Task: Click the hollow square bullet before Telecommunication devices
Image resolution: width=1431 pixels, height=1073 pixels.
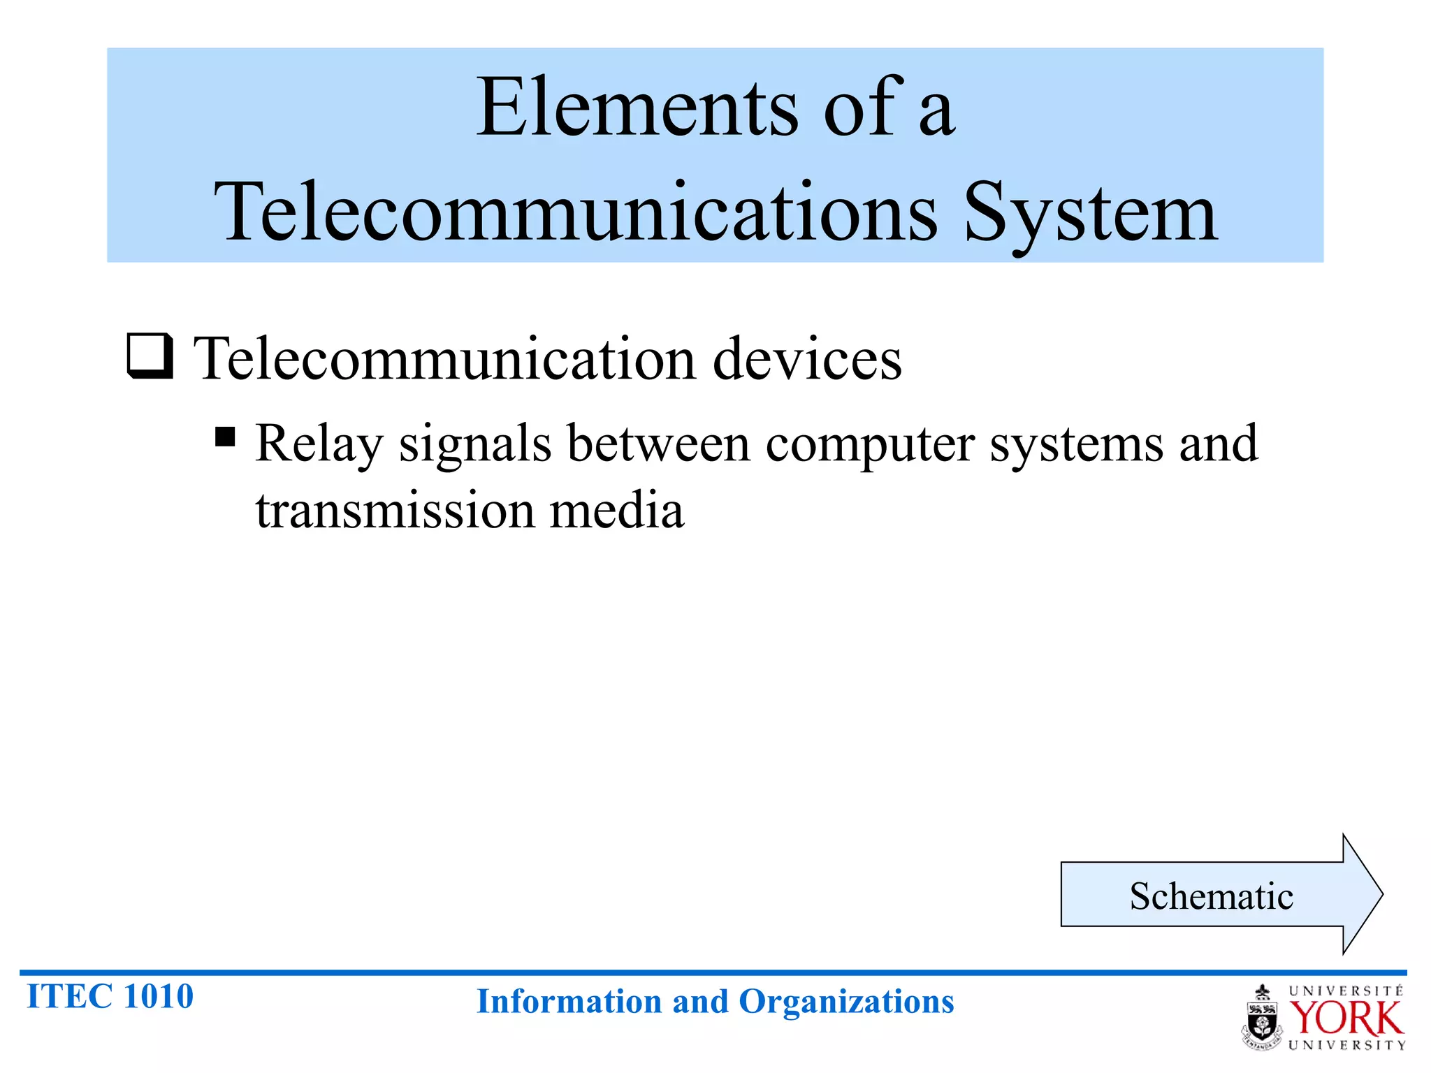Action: [x=150, y=356]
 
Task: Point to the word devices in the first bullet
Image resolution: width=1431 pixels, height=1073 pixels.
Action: [x=807, y=360]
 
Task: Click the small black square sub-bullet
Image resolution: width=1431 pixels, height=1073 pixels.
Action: [x=225, y=437]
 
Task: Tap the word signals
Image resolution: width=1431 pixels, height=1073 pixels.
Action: [x=475, y=444]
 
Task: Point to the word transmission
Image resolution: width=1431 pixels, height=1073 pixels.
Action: [x=395, y=511]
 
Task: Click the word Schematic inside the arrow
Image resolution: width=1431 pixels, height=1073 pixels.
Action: [x=1211, y=896]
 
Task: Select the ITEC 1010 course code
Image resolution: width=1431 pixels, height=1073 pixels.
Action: [x=110, y=996]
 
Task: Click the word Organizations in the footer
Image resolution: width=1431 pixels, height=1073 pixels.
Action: [x=846, y=1002]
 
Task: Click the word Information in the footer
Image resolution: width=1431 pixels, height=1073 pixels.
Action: [x=568, y=1002]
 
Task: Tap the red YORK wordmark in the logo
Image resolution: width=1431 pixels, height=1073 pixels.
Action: [x=1346, y=1019]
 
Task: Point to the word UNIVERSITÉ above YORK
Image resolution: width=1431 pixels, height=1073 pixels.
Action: [x=1346, y=991]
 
